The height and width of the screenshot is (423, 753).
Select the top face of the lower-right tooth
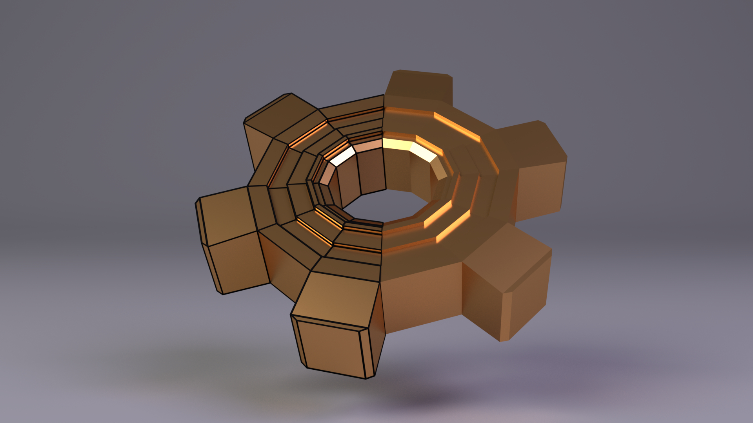click(506, 255)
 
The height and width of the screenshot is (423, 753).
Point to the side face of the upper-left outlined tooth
click(257, 145)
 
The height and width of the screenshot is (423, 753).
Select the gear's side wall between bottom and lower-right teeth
click(422, 298)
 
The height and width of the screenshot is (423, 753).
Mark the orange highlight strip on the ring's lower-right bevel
click(453, 227)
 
